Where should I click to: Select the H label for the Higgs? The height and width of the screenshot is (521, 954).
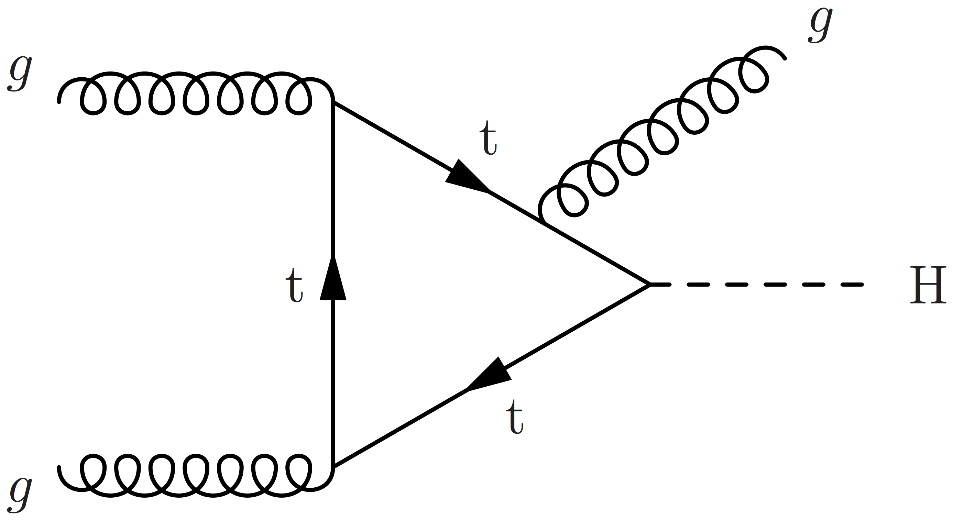tap(928, 285)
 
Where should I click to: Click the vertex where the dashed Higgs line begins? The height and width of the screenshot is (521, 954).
tap(650, 284)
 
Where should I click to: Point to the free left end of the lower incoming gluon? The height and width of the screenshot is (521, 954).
tap(59, 468)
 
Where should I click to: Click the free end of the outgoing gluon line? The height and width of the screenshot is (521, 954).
tap(785, 58)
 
